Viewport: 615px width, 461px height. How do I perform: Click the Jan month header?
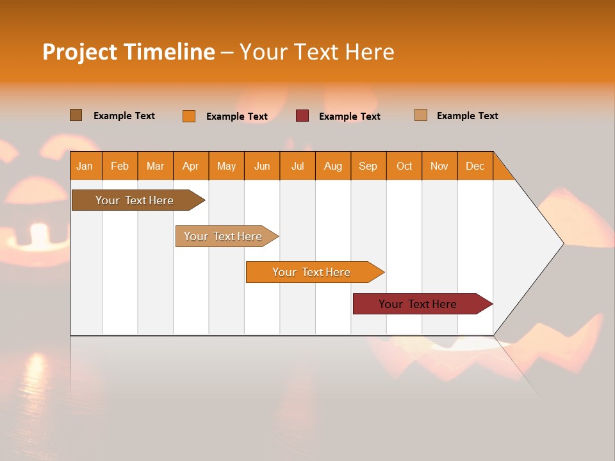(x=85, y=166)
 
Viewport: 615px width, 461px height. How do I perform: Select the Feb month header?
(x=120, y=166)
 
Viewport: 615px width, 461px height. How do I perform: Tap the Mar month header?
(x=155, y=166)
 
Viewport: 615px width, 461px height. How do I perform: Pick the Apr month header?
(x=191, y=166)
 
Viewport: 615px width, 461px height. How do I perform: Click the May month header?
(x=226, y=166)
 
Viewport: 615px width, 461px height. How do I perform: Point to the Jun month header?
(x=262, y=166)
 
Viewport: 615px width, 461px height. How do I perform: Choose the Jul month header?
(x=297, y=166)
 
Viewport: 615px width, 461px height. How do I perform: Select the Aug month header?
(x=333, y=166)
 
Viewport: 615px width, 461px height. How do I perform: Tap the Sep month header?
(x=368, y=166)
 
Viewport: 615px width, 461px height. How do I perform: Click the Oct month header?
(x=404, y=166)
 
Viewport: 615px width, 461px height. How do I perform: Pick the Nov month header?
(x=439, y=166)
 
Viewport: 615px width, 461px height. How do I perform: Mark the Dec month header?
(x=475, y=166)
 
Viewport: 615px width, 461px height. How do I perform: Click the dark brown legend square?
(x=76, y=115)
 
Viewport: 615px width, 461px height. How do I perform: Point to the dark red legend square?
(x=302, y=116)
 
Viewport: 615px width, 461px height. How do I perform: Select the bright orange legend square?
(x=189, y=116)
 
